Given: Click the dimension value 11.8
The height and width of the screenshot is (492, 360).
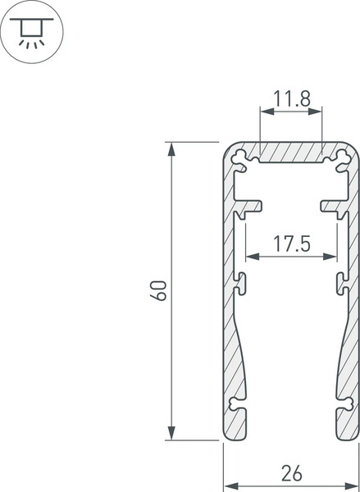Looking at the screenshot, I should [x=290, y=100].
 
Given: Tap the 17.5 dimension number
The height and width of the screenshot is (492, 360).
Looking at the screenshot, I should [x=290, y=244].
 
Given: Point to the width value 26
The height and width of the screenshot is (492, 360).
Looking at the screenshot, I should [x=291, y=473].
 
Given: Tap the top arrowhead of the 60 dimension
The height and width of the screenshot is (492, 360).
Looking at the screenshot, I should [x=171, y=148].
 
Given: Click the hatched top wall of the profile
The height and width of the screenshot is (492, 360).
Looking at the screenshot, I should [x=290, y=151].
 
